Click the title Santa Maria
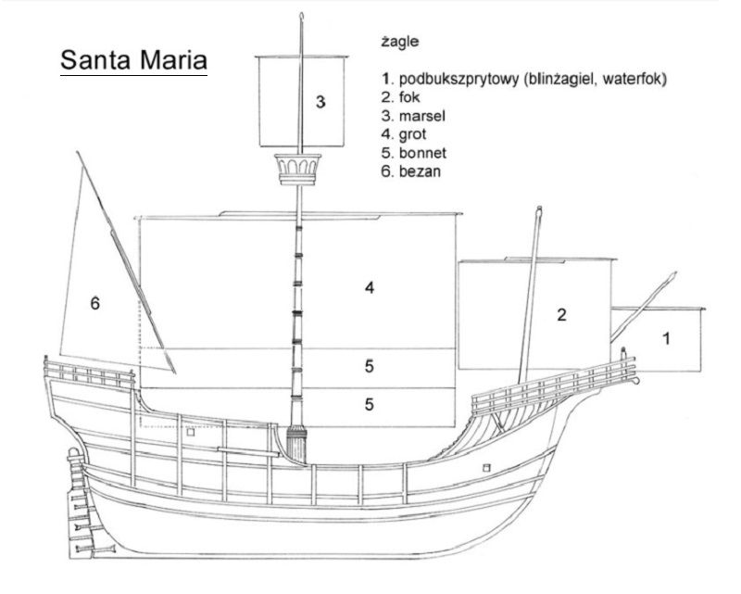[133, 60]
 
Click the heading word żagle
[400, 42]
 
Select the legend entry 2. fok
[400, 97]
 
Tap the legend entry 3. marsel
[413, 116]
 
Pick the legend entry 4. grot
[404, 134]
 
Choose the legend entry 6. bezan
[410, 171]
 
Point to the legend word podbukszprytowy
[458, 79]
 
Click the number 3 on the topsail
[320, 102]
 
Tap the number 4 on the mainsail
[370, 287]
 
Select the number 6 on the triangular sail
[95, 303]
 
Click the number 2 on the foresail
[561, 315]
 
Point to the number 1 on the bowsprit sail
[666, 338]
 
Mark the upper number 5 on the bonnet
[369, 366]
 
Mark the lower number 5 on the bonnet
[369, 404]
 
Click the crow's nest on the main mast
[298, 169]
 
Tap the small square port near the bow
[486, 468]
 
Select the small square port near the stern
[191, 432]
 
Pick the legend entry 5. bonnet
[413, 153]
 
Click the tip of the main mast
[302, 14]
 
